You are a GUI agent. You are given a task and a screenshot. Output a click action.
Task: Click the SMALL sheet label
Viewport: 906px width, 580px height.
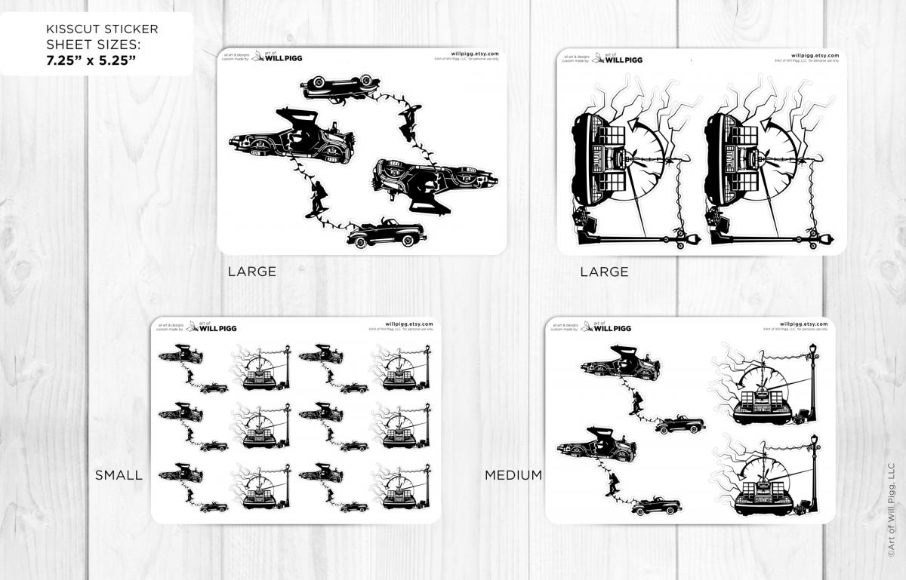[119, 475]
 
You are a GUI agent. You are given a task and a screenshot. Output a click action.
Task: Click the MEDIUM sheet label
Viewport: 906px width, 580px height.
[513, 475]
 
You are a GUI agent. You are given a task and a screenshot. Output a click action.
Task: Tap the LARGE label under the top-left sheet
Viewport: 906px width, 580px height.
[252, 272]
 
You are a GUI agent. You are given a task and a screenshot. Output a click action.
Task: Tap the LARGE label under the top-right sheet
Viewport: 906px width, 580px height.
[604, 272]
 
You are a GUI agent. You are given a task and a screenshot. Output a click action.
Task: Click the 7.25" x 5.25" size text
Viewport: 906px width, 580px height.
[89, 60]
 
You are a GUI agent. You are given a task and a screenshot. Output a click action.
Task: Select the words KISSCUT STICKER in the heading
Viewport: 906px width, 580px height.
[102, 29]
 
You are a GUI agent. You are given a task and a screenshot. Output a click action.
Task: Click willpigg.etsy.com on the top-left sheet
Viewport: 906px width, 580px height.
[474, 54]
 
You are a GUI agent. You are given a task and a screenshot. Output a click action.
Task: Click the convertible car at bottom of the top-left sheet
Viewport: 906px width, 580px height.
[386, 235]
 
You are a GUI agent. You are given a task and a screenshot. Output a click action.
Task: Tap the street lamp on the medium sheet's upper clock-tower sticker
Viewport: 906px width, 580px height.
[813, 373]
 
